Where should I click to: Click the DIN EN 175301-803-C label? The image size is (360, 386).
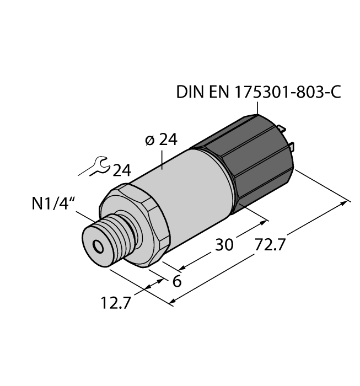[258, 92]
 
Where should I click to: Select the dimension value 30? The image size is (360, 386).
[224, 244]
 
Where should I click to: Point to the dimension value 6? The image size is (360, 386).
[177, 281]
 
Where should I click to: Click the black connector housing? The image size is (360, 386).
[251, 160]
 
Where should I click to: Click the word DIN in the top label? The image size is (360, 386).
[189, 92]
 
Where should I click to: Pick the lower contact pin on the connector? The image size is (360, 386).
[292, 148]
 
